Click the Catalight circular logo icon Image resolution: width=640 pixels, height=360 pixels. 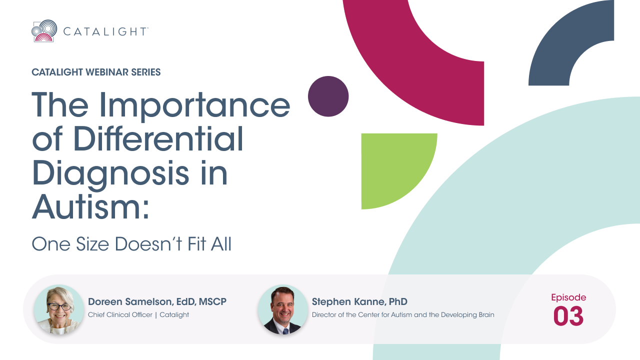pos(44,31)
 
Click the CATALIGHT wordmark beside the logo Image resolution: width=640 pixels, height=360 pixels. pos(105,31)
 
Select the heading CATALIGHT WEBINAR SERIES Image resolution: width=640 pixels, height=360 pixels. pos(96,72)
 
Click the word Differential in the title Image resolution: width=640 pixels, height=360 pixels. pos(158,139)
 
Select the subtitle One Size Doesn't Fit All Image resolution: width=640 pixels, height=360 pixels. pos(131,244)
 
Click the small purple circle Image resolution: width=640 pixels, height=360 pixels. pos(328,96)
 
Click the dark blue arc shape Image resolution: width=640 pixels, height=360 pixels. pos(560,48)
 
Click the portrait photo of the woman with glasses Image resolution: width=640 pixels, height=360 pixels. pos(59,309)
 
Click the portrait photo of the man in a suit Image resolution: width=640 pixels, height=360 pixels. pos(283,309)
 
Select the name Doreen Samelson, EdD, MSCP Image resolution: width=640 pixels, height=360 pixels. pos(157,301)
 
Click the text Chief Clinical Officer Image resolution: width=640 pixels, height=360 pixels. pos(120,314)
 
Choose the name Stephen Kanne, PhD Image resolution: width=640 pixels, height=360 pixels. pos(359,301)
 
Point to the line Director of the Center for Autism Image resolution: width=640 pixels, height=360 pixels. pos(403,314)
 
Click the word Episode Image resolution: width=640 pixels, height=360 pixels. pos(568,297)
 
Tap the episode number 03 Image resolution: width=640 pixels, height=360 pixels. pos(568,316)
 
